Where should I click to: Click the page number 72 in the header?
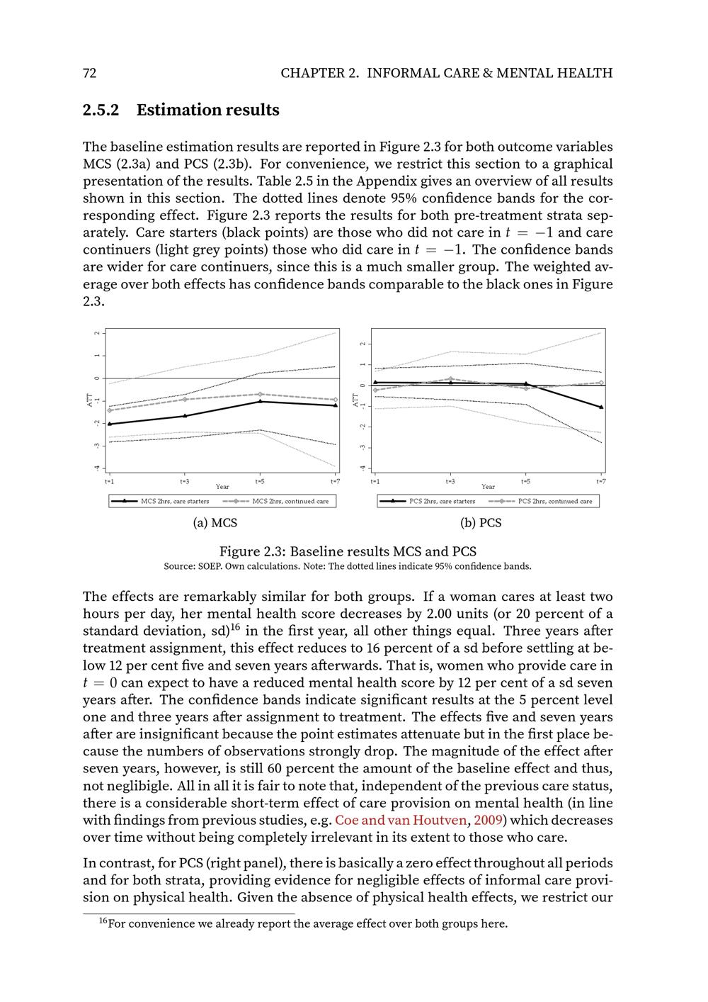(x=89, y=73)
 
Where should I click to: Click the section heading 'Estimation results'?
(x=207, y=110)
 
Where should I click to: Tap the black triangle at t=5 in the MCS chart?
(x=260, y=402)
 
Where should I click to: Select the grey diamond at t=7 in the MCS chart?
(x=335, y=400)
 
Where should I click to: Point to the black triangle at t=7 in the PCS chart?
(x=601, y=407)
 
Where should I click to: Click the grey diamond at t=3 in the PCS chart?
(x=450, y=379)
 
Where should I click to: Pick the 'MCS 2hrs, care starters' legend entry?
(x=175, y=501)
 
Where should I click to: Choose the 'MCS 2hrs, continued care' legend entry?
(x=290, y=501)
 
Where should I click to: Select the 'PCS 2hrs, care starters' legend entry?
(x=442, y=501)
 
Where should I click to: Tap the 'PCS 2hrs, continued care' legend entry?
(x=555, y=501)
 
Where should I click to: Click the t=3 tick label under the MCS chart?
(x=184, y=481)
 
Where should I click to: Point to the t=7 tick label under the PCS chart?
(x=601, y=481)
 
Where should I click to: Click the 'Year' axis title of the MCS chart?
(x=222, y=487)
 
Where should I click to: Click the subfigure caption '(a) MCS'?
(x=215, y=523)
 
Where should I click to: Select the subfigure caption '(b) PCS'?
(x=481, y=523)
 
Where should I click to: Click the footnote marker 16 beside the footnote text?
(x=103, y=921)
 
